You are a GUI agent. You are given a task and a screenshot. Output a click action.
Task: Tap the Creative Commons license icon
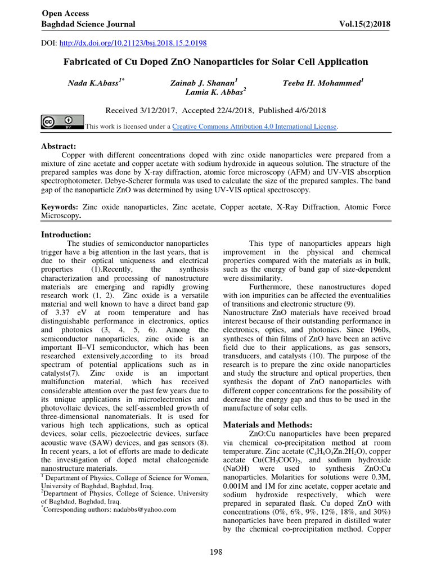(x=62, y=123)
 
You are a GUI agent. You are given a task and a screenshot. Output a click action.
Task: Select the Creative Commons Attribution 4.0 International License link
(x=254, y=127)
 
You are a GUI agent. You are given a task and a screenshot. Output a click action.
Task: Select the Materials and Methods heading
(x=268, y=425)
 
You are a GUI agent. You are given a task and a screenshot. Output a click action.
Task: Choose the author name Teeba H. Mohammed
(x=322, y=83)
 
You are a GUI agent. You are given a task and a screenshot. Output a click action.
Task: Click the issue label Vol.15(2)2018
(x=362, y=24)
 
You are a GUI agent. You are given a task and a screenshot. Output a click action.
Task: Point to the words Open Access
(x=62, y=12)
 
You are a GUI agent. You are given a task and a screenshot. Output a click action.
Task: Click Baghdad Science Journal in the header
(x=88, y=24)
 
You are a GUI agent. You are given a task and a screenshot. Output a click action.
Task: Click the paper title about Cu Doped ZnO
(x=216, y=62)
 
